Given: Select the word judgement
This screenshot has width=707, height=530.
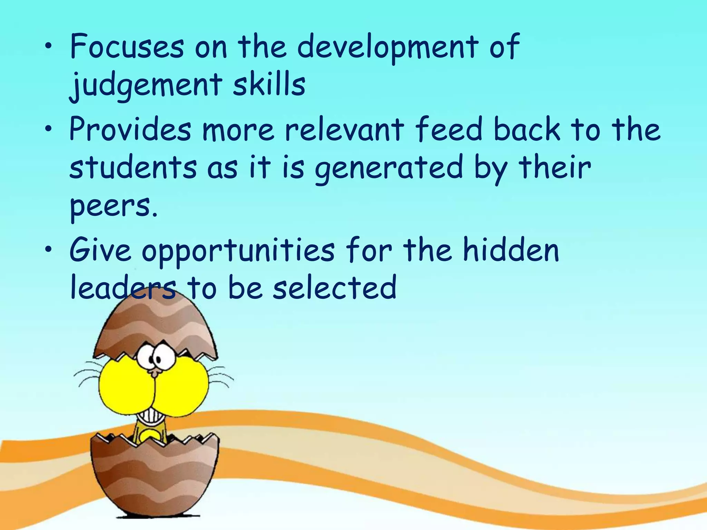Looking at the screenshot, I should click(146, 86).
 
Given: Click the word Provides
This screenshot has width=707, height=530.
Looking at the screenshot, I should click(130, 129).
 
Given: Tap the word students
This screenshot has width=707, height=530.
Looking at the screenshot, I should click(133, 167).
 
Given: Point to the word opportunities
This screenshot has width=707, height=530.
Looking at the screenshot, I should click(238, 251).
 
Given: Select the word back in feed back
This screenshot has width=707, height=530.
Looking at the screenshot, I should click(527, 129).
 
